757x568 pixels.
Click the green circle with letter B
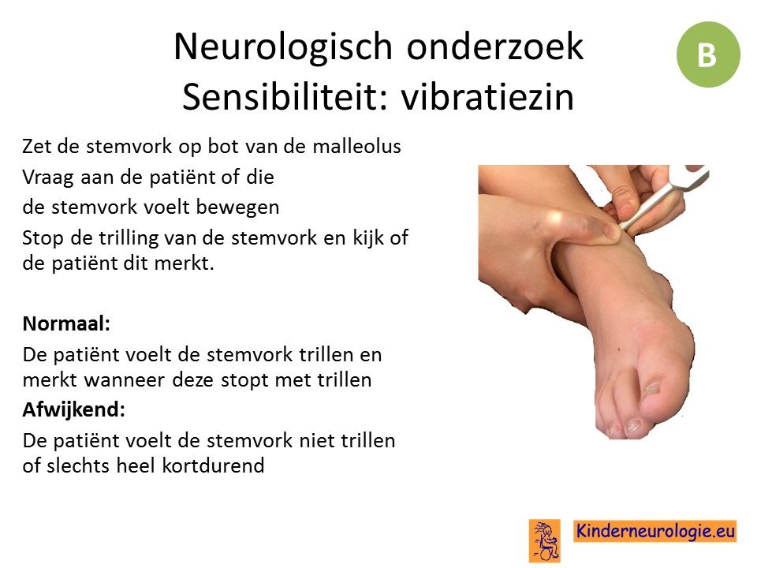[708, 54]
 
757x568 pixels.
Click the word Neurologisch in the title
[283, 47]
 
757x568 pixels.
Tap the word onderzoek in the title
[495, 47]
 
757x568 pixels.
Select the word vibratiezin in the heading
[487, 96]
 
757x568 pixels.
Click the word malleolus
[356, 146]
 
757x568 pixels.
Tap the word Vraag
[48, 177]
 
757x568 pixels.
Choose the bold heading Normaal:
[66, 323]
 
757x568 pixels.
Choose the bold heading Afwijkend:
[74, 409]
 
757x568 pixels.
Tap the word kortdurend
[213, 465]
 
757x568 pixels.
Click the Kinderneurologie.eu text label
[655, 531]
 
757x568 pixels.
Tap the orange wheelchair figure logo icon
[545, 540]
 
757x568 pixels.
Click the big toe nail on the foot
[652, 388]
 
